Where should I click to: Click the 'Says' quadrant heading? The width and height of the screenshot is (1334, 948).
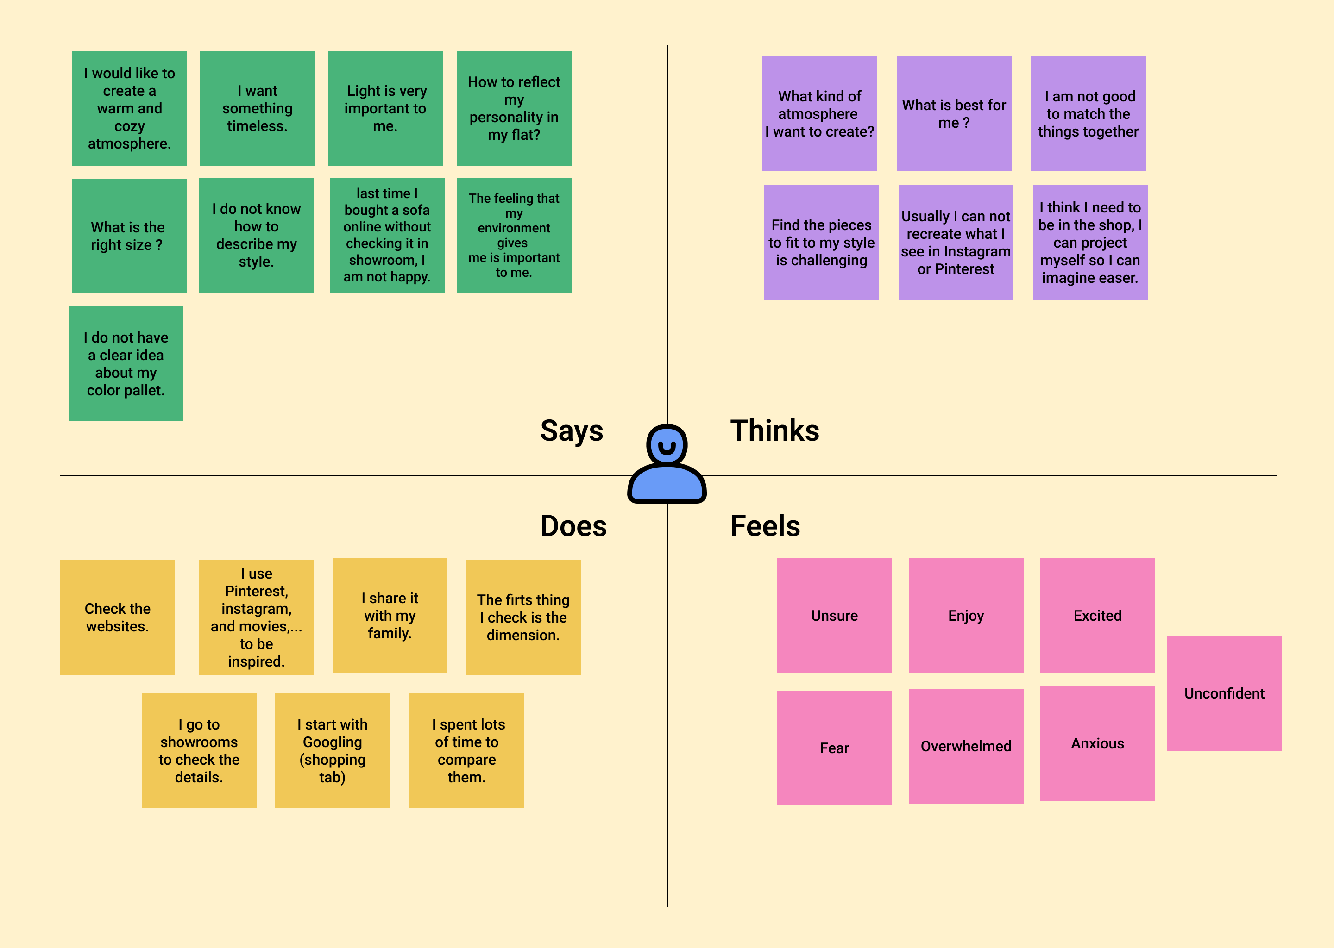pos(571,431)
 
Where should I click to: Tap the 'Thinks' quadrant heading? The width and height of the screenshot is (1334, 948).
pos(774,431)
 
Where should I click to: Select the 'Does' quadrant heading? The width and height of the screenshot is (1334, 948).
pos(573,526)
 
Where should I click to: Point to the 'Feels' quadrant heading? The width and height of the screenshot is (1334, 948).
pos(765,526)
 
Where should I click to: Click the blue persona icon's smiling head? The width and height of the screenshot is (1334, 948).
pos(667,445)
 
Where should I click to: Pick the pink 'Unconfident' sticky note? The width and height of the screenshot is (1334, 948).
pos(1224,693)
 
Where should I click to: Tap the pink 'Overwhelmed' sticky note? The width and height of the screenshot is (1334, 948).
pos(965,746)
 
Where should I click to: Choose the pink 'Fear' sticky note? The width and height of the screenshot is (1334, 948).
pos(834,748)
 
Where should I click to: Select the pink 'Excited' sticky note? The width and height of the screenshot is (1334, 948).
pos(1097,615)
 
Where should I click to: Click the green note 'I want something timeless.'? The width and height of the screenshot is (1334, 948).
pos(257,108)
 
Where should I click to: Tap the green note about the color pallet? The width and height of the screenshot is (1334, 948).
pos(126,364)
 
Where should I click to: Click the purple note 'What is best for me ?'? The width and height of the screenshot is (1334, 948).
pos(953,114)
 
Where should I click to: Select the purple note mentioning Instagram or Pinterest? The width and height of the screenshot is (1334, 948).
pos(955,242)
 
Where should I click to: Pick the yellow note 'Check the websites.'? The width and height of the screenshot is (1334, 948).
pos(117,617)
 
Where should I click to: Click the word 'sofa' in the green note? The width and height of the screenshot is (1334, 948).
pos(415,210)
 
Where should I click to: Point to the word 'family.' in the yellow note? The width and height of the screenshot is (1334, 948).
pos(390,633)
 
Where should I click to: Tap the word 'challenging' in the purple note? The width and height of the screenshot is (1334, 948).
pos(821,260)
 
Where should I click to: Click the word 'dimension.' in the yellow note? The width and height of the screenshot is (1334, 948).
pos(523,635)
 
